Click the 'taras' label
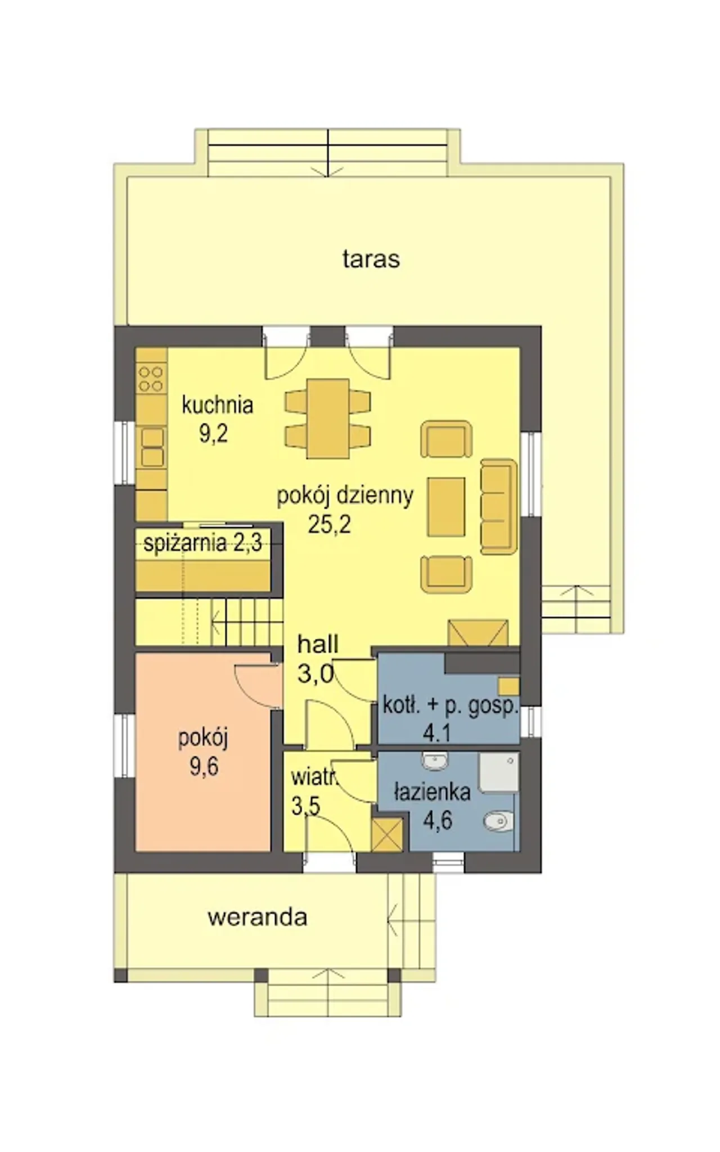tap(371, 259)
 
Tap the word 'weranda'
tap(258, 917)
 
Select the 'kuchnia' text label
tap(217, 405)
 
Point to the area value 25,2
tap(329, 524)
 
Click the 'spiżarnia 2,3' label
tap(202, 543)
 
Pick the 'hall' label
tap(318, 645)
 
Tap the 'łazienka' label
tap(432, 792)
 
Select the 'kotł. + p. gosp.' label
tap(450, 705)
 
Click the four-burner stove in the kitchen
tap(151, 379)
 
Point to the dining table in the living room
tap(328, 418)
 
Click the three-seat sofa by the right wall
tap(499, 507)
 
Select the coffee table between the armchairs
tap(447, 507)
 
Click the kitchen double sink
tap(152, 448)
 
